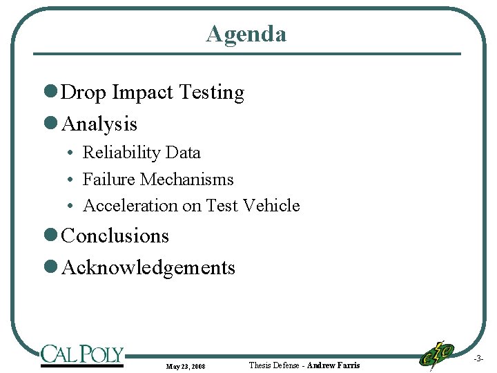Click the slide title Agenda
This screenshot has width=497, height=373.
pyautogui.click(x=246, y=34)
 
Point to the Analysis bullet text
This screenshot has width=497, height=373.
pyautogui.click(x=99, y=124)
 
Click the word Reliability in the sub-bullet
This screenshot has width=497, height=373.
pyautogui.click(x=113, y=153)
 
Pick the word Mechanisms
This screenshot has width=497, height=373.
pyautogui.click(x=186, y=180)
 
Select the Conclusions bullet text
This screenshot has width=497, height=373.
pyautogui.click(x=115, y=236)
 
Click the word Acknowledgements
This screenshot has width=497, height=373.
pyautogui.click(x=148, y=268)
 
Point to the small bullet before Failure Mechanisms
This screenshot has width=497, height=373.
pyautogui.click(x=71, y=180)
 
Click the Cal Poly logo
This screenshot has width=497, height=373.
pyautogui.click(x=81, y=355)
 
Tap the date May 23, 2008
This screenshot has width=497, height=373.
pyautogui.click(x=185, y=365)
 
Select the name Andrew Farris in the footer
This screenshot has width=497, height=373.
pyautogui.click(x=333, y=365)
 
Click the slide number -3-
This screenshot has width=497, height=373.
pyautogui.click(x=478, y=359)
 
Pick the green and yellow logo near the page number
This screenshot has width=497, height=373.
pyautogui.click(x=436, y=355)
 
